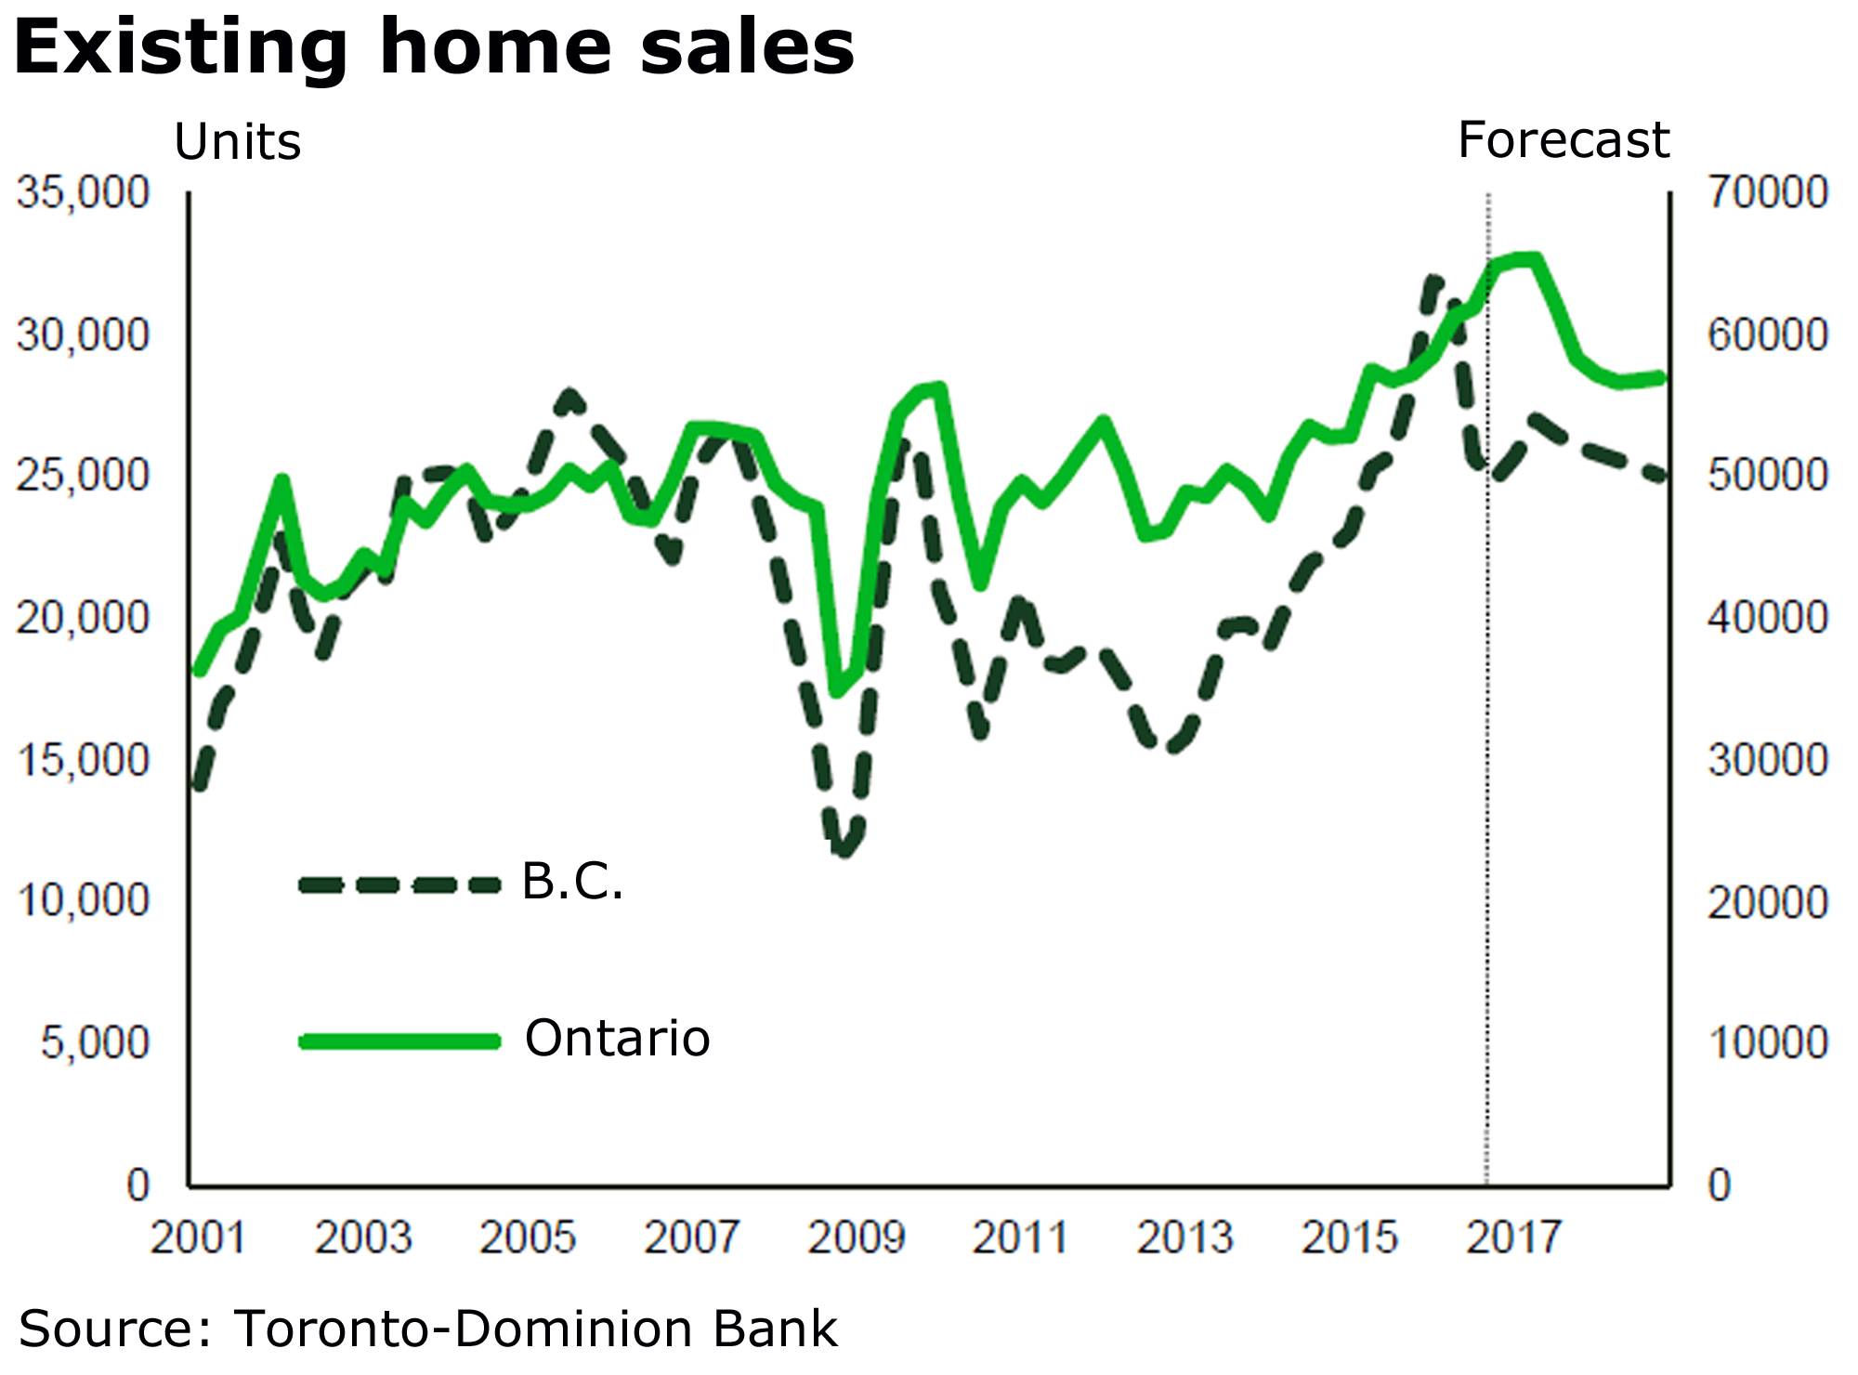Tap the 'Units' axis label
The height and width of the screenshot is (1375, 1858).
[x=238, y=143]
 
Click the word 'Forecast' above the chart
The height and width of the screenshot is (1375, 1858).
[x=1563, y=140]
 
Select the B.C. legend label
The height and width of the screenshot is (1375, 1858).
[x=572, y=881]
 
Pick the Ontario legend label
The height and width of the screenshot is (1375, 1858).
[x=617, y=1038]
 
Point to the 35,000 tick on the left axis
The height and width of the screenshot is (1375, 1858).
[x=83, y=192]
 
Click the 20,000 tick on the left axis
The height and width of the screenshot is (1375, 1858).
[x=83, y=617]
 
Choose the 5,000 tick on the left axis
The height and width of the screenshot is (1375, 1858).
[x=94, y=1042]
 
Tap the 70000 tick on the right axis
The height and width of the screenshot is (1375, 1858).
[x=1767, y=192]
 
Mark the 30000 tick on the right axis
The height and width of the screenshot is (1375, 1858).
[x=1767, y=760]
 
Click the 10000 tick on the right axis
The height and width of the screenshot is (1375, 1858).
[x=1767, y=1042]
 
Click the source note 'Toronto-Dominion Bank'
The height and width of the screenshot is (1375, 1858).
[x=535, y=1329]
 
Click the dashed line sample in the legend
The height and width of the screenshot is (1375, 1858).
[x=399, y=884]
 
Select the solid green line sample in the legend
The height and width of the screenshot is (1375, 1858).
[x=399, y=1041]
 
